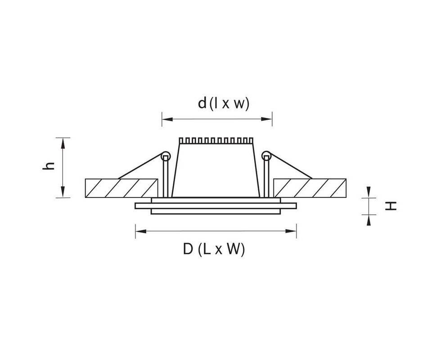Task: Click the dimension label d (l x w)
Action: click(x=223, y=103)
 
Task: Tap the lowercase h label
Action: click(x=48, y=166)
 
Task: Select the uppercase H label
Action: click(x=391, y=206)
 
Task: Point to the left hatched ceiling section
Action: click(x=121, y=188)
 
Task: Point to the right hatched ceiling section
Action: click(x=310, y=188)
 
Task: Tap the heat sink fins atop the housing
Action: click(x=216, y=141)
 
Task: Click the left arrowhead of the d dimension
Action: click(x=167, y=119)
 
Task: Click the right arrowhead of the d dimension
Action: click(x=267, y=119)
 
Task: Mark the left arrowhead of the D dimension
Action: click(x=141, y=231)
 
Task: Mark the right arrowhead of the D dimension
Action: click(x=291, y=231)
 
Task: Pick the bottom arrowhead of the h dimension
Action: click(x=63, y=192)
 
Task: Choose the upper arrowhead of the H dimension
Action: click(x=369, y=193)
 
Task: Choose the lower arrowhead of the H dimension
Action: click(x=369, y=220)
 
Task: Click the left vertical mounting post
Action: click(x=166, y=177)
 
